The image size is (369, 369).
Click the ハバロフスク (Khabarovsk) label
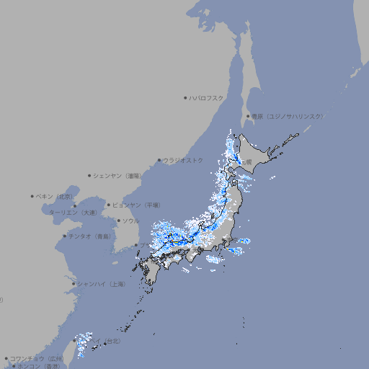click(x=207, y=97)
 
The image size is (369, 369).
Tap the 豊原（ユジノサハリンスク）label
click(x=288, y=116)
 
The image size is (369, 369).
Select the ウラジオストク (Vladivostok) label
click(x=184, y=160)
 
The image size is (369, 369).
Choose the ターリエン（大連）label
click(x=73, y=213)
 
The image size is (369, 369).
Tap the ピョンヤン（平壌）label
click(x=136, y=205)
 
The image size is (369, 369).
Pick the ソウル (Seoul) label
click(x=130, y=221)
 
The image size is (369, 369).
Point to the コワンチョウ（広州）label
click(x=37, y=358)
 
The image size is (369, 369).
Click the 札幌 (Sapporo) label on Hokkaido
click(x=246, y=162)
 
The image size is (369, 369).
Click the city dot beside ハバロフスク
click(x=185, y=97)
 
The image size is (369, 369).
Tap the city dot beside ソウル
click(x=117, y=221)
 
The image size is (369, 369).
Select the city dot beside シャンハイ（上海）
click(x=74, y=284)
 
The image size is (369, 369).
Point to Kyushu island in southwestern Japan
click(x=152, y=272)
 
